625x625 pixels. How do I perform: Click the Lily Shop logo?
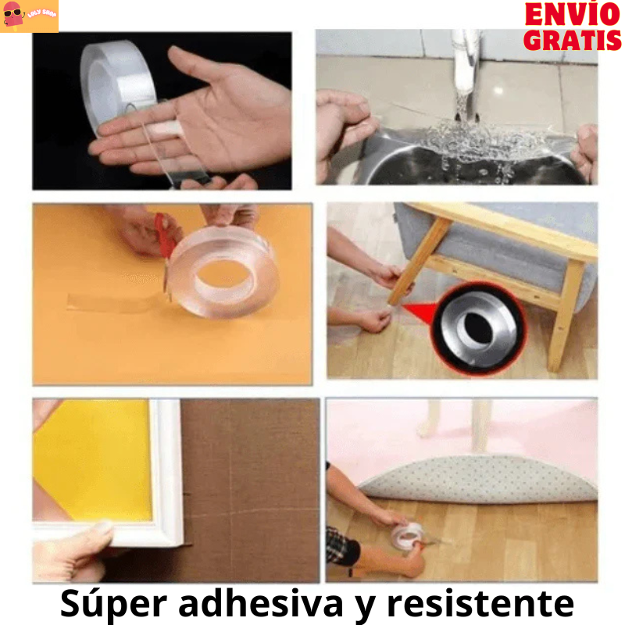30,16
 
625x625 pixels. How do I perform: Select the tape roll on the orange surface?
223,270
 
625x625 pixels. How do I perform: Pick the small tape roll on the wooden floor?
408,535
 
